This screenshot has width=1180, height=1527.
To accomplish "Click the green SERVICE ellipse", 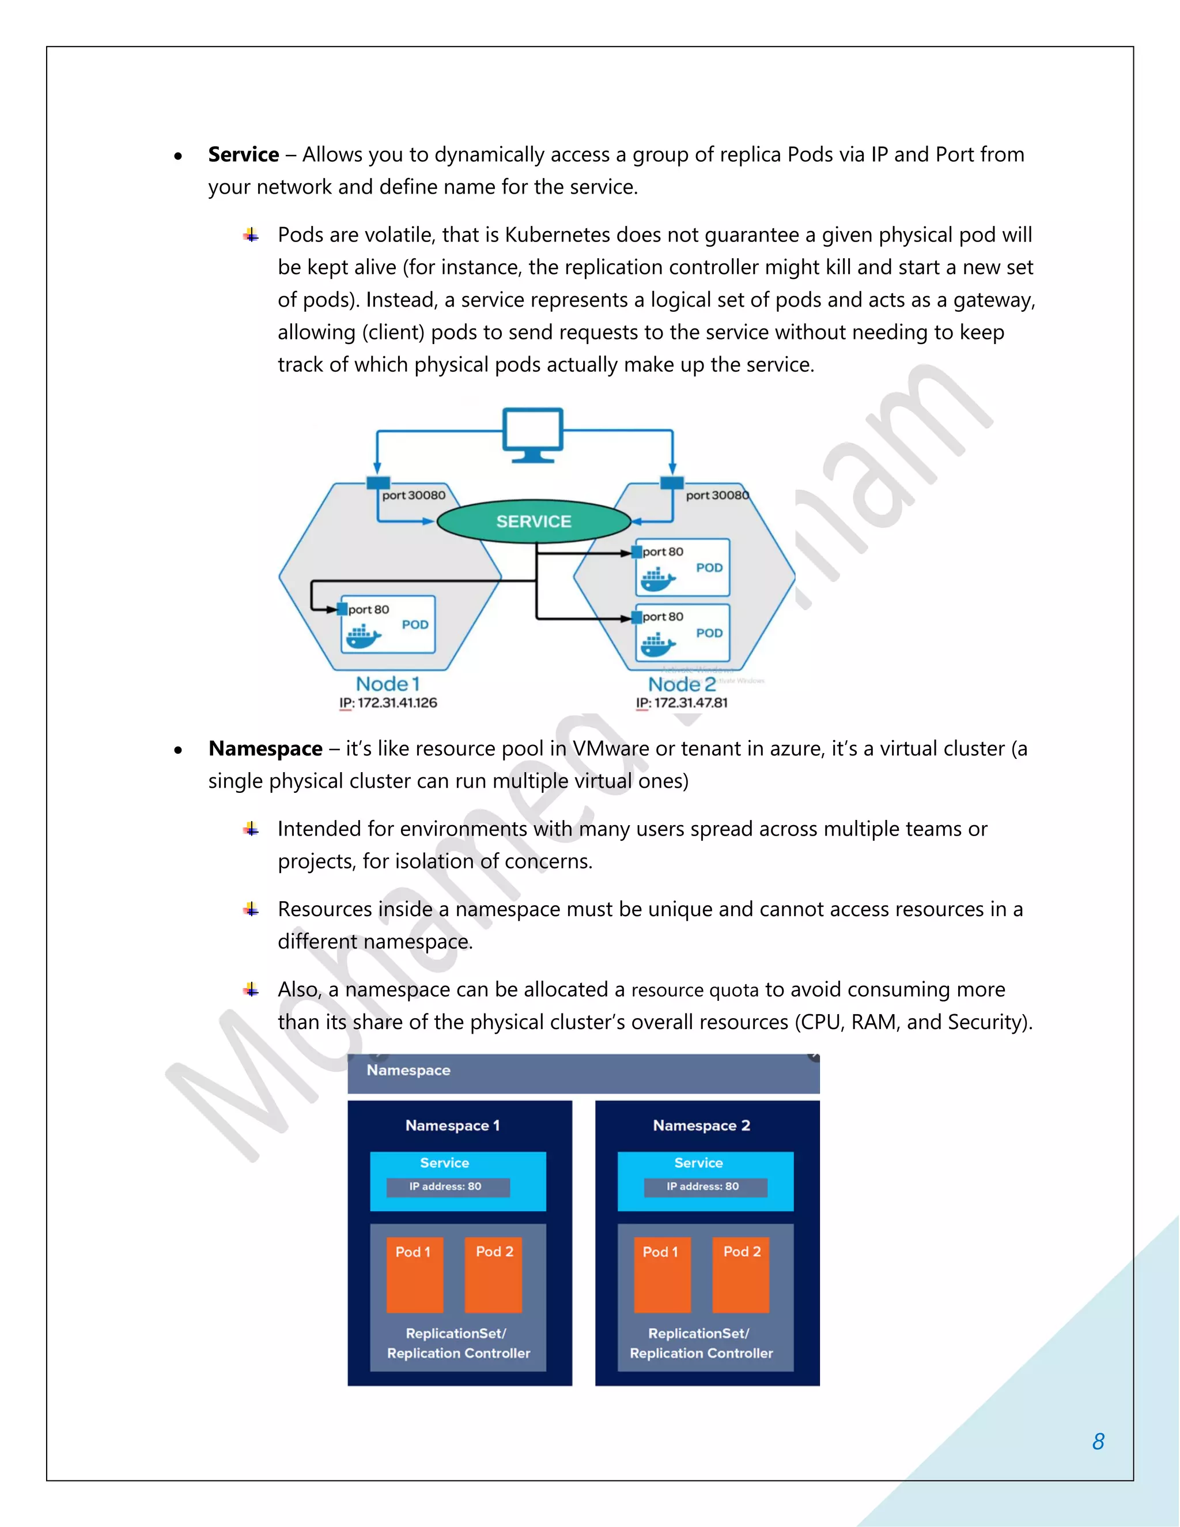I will [534, 521].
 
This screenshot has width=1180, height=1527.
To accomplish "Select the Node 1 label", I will [387, 684].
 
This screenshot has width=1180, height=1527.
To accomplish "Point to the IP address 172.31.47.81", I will [682, 702].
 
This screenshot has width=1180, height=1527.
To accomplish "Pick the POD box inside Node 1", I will [388, 625].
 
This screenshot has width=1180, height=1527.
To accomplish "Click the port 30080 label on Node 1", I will [413, 495].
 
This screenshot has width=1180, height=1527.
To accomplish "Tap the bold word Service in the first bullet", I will [243, 154].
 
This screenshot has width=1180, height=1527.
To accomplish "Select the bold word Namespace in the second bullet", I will [266, 749].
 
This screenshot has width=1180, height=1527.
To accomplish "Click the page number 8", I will [1098, 1441].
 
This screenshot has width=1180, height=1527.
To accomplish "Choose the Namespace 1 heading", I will [452, 1126].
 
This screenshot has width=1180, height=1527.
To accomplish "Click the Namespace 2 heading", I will [701, 1126].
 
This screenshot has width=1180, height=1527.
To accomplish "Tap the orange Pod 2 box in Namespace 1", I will [494, 1275].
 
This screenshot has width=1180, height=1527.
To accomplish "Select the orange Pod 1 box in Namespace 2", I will [661, 1275].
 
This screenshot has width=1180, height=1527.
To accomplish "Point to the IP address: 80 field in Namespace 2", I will [705, 1186].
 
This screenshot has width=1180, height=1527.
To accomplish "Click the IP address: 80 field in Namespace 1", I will [447, 1186].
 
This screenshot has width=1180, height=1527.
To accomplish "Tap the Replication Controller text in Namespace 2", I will [701, 1353].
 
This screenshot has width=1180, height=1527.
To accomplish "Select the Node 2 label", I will [682, 684].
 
